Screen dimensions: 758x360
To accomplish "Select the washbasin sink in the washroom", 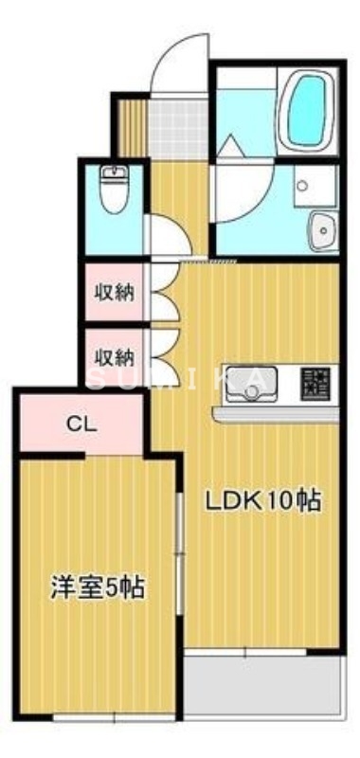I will click(x=323, y=227).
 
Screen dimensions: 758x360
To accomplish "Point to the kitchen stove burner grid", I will click(x=315, y=382).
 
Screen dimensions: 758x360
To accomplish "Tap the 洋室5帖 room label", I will click(x=97, y=587).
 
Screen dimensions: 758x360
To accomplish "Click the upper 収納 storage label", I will click(x=114, y=292).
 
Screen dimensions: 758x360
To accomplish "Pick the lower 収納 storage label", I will click(x=114, y=357).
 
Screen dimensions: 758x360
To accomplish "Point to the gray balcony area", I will click(x=260, y=685).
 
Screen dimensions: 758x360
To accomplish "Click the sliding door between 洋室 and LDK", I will click(x=178, y=550).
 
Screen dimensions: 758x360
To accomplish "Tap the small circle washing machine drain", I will click(x=301, y=186).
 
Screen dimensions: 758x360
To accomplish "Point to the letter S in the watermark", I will click(x=97, y=379).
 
